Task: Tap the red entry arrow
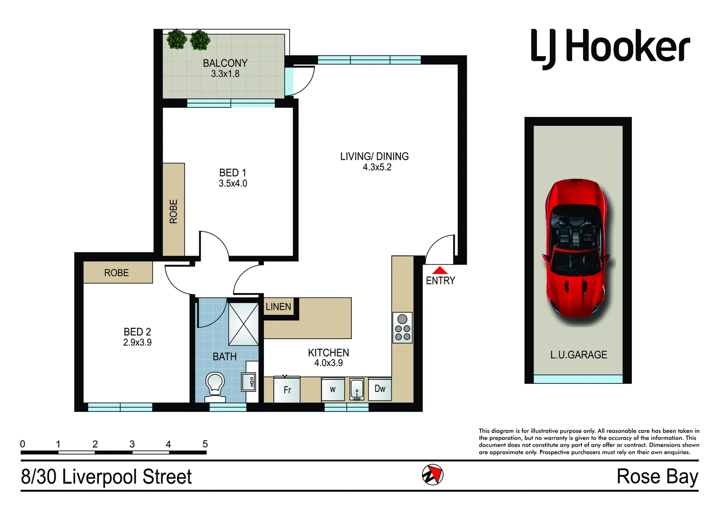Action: [x=440, y=270]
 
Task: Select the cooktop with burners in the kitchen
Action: [x=402, y=328]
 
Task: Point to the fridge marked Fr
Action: [x=287, y=389]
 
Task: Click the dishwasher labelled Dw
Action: [x=380, y=389]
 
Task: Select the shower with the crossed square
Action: [x=243, y=323]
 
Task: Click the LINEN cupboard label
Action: [x=278, y=307]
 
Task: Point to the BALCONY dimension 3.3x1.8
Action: [x=225, y=74]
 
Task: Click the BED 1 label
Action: [x=232, y=173]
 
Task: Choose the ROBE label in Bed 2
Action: [x=116, y=273]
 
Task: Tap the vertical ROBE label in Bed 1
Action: [x=174, y=211]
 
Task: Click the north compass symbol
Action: [x=433, y=475]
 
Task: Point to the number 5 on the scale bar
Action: [x=205, y=444]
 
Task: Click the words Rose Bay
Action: [x=657, y=476]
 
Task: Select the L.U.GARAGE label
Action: [x=578, y=355]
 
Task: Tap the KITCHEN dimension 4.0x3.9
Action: [x=328, y=363]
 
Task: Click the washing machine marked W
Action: [x=333, y=389]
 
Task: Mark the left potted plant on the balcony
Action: [x=177, y=39]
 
